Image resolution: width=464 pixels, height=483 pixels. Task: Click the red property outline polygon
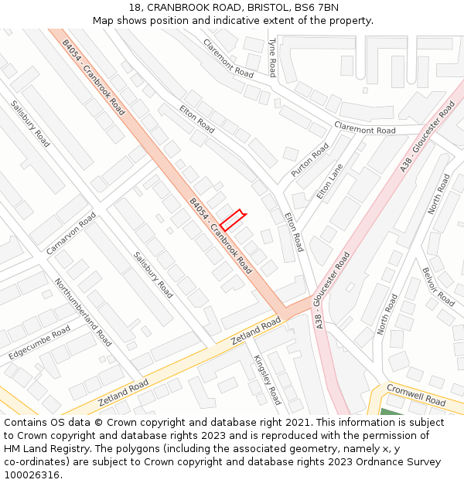232,219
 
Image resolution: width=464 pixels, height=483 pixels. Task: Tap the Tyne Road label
272,58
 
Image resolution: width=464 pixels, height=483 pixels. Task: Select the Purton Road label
309,160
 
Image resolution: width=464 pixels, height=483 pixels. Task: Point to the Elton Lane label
329,182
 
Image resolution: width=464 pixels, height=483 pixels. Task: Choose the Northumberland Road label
83,312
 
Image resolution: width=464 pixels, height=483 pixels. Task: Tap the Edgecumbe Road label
39,342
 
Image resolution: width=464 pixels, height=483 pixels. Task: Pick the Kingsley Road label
268,379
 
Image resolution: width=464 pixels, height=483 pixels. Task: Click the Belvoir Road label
438,287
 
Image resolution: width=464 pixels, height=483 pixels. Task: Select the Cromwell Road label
416,395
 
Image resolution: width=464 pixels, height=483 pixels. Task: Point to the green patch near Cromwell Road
390,411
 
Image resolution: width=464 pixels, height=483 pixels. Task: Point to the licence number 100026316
32,475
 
